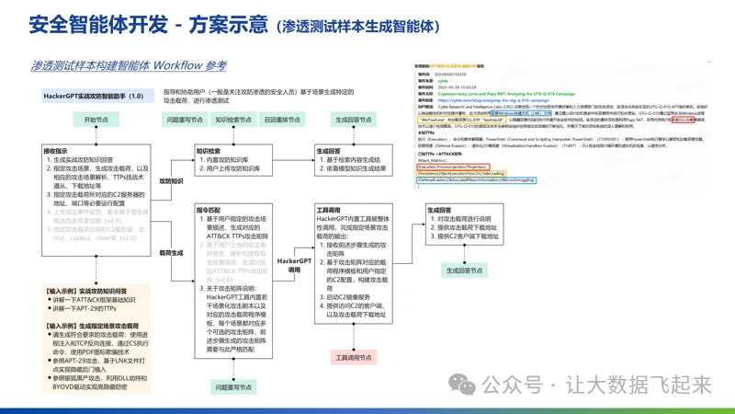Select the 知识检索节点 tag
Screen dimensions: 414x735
233,120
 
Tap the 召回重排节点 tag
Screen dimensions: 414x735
282,120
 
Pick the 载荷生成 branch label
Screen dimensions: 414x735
172,251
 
